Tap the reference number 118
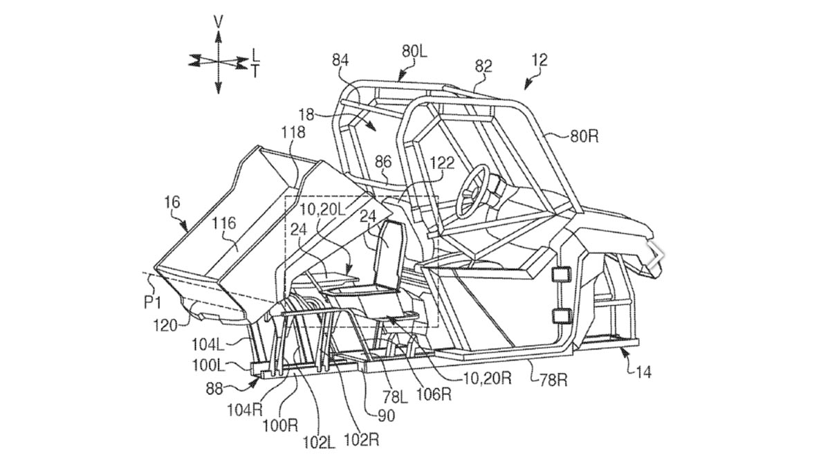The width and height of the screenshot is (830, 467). [x=297, y=132]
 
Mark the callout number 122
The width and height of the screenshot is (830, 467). [x=441, y=163]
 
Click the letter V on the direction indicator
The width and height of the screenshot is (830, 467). [x=219, y=22]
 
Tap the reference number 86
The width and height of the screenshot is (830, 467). [x=383, y=163]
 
